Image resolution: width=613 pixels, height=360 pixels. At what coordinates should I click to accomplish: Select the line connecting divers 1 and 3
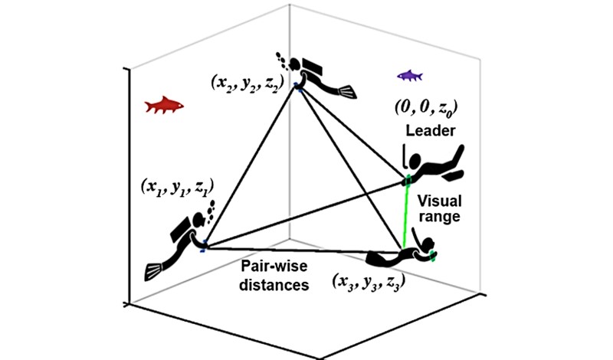pyautogui.click(x=291, y=250)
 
